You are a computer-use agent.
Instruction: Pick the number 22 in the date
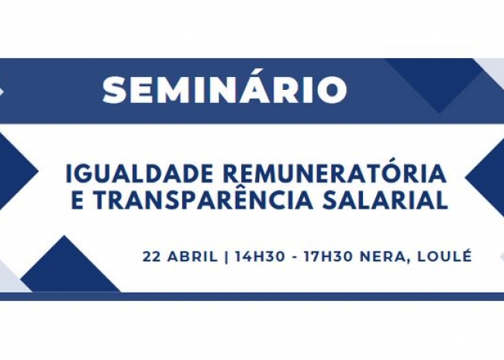pos(152,257)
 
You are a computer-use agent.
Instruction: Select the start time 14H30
pos(260,257)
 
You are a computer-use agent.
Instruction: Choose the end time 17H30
pos(329,257)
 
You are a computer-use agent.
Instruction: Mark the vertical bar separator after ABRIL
pos(226,257)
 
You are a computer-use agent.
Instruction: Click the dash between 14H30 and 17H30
pos(295,258)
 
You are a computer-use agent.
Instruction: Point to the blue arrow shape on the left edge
pos(16,171)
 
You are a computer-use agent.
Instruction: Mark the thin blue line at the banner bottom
pos(252,296)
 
